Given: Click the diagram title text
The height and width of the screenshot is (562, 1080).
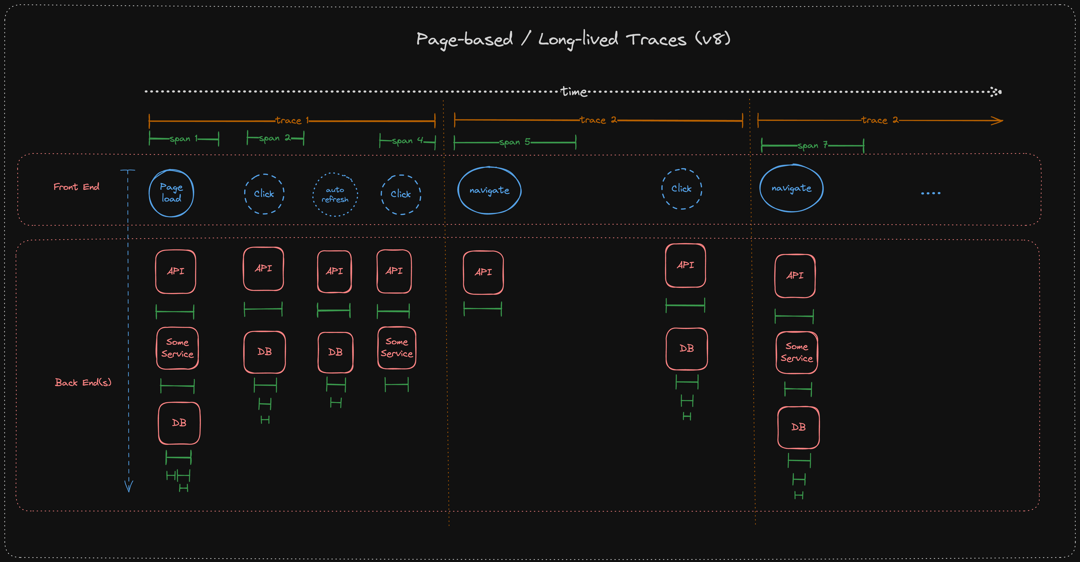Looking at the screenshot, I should coord(573,39).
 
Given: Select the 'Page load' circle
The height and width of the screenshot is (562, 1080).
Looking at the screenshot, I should coord(171,193).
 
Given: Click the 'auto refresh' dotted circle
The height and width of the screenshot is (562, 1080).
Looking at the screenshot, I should coord(335,195).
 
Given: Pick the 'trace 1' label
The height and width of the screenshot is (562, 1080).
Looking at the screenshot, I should coord(291,121).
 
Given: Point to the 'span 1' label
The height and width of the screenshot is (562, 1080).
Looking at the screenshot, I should coord(183,139).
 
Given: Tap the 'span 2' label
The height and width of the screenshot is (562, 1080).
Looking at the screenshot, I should coord(274,138).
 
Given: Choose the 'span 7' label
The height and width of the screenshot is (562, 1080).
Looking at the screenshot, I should coord(813,145).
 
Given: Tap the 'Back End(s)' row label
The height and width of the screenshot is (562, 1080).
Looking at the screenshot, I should coord(83,382).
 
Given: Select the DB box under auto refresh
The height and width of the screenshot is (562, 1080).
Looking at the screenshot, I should coord(336,352).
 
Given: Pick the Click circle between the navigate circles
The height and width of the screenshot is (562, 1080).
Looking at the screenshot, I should coord(681,189).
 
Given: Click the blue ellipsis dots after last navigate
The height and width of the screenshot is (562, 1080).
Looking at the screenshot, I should coord(930,193).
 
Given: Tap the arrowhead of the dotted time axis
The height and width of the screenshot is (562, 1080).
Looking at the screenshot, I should coord(996,92).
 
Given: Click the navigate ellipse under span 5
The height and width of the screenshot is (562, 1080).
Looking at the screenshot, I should coord(489,191).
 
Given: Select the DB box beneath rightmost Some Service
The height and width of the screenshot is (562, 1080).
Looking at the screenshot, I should coord(798,427).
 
